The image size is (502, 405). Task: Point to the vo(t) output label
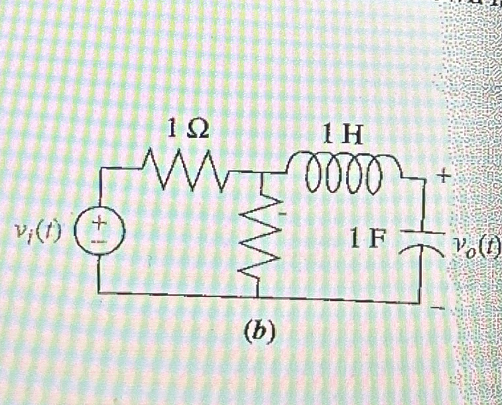(x=475, y=246)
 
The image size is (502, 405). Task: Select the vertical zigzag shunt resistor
(x=257, y=235)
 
